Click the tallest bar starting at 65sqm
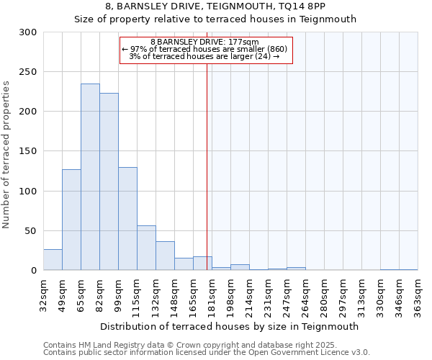90,177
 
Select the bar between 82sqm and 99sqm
109,181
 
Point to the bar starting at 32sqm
53,260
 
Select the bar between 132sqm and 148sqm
165,256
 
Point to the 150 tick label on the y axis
29,151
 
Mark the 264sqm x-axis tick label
305,294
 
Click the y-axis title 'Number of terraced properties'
6,155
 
